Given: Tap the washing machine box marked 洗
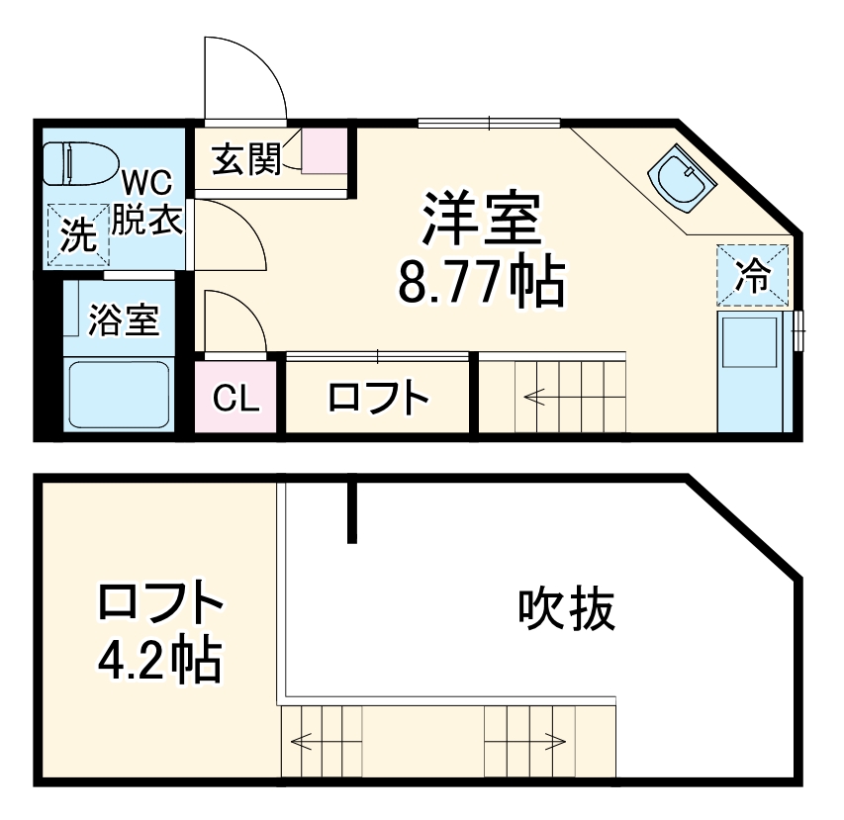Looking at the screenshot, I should pos(78,234).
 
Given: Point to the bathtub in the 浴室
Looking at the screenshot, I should pos(119,394).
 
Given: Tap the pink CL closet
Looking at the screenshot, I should pos(238,399).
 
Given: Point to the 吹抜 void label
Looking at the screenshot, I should pos(566,609).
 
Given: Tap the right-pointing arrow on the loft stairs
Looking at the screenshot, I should pos(554,741).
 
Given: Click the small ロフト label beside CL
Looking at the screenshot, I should pos(378,399).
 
